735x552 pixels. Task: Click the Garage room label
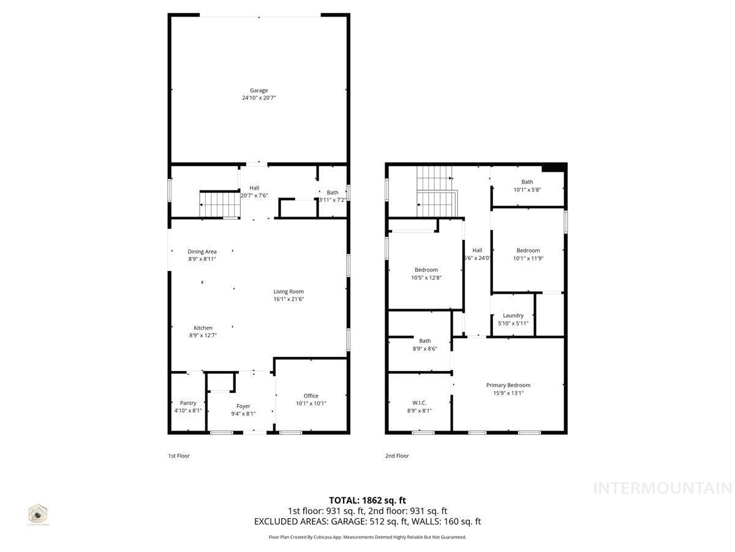(x=258, y=90)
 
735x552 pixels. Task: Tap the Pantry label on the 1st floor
(x=188, y=403)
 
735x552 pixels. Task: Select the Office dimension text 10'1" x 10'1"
(x=311, y=403)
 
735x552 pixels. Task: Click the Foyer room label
(x=243, y=406)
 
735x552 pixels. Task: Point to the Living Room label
(x=288, y=291)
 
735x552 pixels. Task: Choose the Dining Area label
(x=202, y=251)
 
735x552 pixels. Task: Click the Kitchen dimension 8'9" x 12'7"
(x=203, y=335)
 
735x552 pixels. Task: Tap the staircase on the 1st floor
(x=215, y=204)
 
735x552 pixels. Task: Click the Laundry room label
(x=513, y=315)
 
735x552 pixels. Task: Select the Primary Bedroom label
(x=508, y=385)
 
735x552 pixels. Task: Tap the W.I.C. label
(x=419, y=403)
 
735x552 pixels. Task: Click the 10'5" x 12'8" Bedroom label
(x=426, y=270)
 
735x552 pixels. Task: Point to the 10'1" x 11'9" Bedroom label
(x=528, y=250)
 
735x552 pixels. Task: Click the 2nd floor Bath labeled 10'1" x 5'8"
(x=527, y=182)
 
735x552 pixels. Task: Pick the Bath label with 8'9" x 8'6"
(x=425, y=341)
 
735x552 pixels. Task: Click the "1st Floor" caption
(x=179, y=456)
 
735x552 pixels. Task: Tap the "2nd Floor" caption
(x=397, y=456)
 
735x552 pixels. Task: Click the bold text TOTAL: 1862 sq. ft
(x=367, y=500)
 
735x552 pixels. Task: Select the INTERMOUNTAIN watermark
(x=663, y=488)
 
